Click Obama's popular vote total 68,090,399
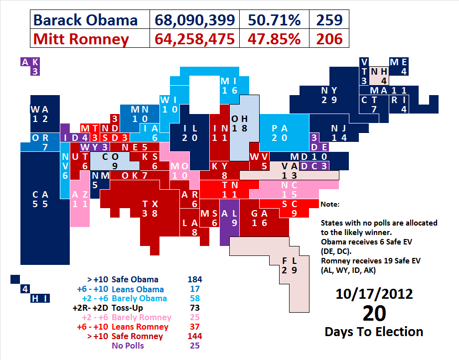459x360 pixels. pyautogui.click(x=195, y=20)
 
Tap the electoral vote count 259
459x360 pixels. pyautogui.click(x=329, y=20)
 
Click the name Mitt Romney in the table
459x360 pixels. pyautogui.click(x=81, y=39)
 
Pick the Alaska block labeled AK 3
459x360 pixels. pyautogui.click(x=30, y=66)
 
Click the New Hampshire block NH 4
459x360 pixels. pyautogui.click(x=380, y=76)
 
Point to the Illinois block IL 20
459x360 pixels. pyautogui.click(x=189, y=132)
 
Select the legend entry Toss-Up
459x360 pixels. pyautogui.click(x=130, y=308)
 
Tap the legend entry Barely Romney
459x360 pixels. pyautogui.click(x=142, y=317)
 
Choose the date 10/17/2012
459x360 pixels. pyautogui.click(x=373, y=293)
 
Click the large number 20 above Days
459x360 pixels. pyautogui.click(x=374, y=314)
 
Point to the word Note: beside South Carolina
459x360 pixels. pyautogui.click(x=329, y=204)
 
